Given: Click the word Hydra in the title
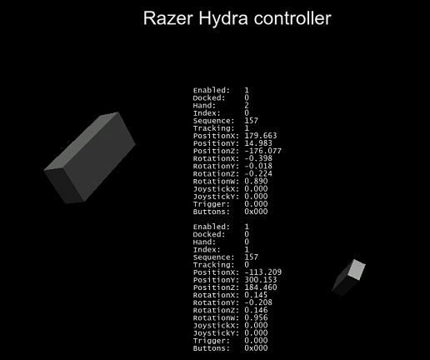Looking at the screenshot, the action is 223,19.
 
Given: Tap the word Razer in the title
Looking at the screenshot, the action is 168,18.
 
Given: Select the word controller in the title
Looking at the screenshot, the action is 292,18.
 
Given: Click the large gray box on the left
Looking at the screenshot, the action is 89,157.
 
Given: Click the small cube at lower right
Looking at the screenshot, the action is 349,277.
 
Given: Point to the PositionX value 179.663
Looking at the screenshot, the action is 261,136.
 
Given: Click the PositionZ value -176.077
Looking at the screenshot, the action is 262,151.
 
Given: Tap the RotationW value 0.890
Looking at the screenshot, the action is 256,182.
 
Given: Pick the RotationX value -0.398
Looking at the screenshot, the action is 258,158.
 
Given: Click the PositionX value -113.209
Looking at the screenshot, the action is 262,272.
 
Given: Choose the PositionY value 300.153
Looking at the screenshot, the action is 261,280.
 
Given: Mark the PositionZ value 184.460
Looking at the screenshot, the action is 261,287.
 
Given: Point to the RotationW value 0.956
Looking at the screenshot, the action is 256,317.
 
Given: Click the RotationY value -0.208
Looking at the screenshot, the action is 258,302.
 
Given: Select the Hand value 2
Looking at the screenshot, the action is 247,106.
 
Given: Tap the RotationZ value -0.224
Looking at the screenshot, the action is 258,173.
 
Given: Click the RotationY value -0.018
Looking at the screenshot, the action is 258,166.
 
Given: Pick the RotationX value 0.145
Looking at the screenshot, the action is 256,295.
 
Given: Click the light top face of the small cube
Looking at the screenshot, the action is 357,270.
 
